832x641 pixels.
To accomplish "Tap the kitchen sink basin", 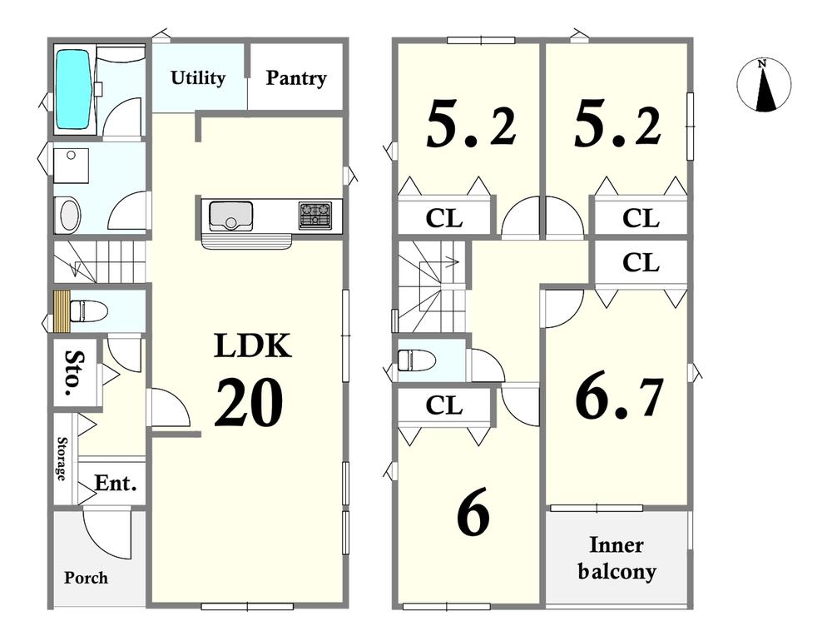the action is [x=230, y=215].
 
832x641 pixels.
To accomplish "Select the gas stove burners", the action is [x=315, y=215].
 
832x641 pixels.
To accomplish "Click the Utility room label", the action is [x=198, y=78].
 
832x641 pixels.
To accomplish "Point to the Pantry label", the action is [x=296, y=78].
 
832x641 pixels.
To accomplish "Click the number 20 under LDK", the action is [x=249, y=403].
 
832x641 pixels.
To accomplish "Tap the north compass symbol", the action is [x=764, y=85].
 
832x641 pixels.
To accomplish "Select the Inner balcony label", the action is [x=617, y=558].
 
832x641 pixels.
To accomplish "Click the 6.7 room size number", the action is [x=619, y=398].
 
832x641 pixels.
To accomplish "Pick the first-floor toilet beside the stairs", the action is [x=89, y=311].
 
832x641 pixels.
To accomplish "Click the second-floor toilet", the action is [x=417, y=360].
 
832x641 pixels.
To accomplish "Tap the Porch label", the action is [x=86, y=577].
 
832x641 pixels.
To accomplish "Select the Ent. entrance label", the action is [x=116, y=484].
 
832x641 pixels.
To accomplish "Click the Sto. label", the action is [x=76, y=373].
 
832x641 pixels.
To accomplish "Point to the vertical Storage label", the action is [x=62, y=459].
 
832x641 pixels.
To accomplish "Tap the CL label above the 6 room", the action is [x=444, y=406].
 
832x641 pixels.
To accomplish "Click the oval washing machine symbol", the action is [x=68, y=215].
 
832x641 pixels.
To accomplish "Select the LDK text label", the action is [x=253, y=345].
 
